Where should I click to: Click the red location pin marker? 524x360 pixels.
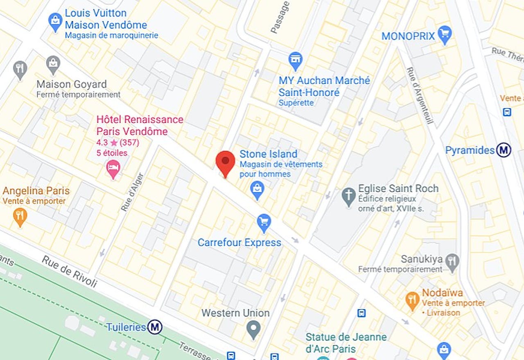point(225,162)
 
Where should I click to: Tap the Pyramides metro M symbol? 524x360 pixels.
point(504,150)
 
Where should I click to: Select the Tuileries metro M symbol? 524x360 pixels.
point(155,327)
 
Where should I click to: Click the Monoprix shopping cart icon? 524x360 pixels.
point(444,35)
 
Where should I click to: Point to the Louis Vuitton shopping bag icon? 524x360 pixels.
point(55,21)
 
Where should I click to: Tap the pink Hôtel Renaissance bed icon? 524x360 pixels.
point(113,169)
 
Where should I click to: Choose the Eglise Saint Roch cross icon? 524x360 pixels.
point(349,196)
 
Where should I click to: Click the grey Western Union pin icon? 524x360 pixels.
point(254,329)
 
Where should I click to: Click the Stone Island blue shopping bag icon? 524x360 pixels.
point(257,190)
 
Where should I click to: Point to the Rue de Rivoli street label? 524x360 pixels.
point(69,272)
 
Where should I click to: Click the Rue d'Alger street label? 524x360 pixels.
point(132,192)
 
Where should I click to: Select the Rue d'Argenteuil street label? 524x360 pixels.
point(420,95)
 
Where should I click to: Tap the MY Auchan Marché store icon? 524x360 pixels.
point(295,61)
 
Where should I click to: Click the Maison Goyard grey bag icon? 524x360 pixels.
point(53,64)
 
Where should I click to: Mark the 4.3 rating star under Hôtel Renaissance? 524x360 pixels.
point(114,143)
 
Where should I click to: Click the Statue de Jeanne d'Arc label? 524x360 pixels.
point(346,343)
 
